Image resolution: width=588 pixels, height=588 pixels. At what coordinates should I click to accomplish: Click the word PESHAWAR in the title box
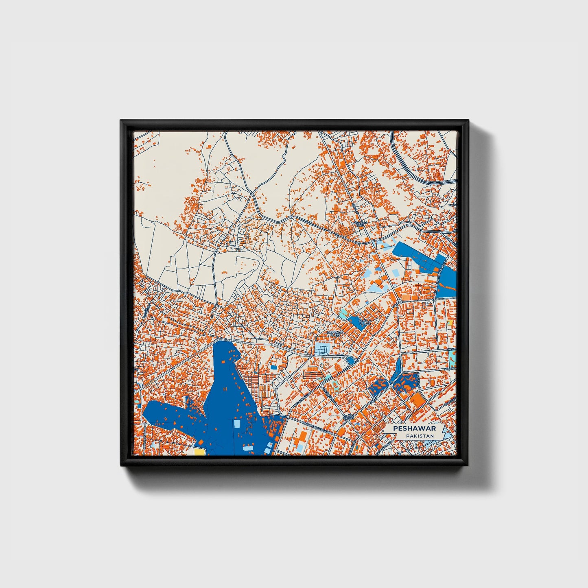click(414, 428)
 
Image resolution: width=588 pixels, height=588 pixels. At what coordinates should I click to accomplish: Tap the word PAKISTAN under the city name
click(420, 436)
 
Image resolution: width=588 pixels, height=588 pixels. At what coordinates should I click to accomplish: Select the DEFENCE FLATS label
click(335, 333)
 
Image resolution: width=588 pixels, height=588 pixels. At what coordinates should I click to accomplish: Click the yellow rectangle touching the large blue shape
click(199, 451)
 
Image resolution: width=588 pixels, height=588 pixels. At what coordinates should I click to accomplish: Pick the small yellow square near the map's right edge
click(450, 323)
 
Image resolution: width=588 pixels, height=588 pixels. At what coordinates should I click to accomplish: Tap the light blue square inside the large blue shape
click(237, 424)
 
